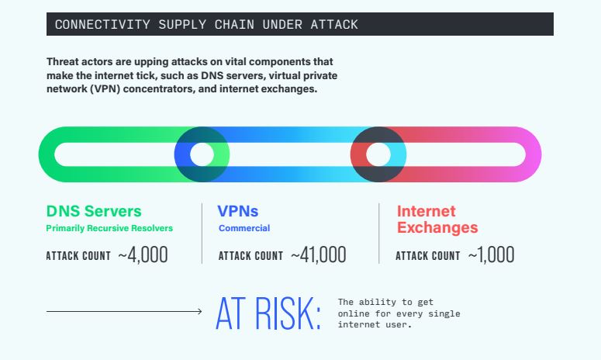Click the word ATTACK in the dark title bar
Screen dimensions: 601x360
334,25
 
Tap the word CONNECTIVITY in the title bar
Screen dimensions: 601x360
102,25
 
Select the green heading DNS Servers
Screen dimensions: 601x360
94,211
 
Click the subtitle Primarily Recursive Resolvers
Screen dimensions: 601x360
109,228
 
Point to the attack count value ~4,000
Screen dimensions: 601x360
143,254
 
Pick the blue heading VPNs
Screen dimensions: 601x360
237,211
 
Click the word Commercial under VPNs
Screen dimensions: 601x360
244,228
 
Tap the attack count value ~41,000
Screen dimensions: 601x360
319,254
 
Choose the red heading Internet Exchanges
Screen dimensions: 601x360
437,220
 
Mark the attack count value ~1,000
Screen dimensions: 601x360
491,254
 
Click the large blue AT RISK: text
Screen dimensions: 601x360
268,313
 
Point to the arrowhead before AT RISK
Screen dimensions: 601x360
200,311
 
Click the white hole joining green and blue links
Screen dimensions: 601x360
202,154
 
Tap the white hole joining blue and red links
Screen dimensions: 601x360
378,154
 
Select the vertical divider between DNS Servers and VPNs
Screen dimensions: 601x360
202,234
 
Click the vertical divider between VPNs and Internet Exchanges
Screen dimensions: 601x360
379,234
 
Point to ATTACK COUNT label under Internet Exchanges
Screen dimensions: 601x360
428,256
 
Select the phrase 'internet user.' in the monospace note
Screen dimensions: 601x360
375,325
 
